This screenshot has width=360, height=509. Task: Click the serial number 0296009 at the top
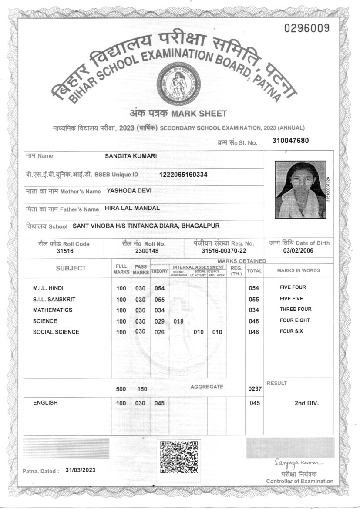tap(306, 29)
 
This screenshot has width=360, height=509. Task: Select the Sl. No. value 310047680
tap(290, 140)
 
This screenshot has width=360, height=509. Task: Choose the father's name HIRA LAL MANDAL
tap(132, 208)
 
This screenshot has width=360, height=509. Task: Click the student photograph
tap(300, 189)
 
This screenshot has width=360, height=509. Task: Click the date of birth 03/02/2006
tap(298, 251)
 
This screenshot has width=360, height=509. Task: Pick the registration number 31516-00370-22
tap(224, 251)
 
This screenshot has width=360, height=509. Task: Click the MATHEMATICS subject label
tap(53, 310)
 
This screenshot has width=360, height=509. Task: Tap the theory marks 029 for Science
tap(159, 321)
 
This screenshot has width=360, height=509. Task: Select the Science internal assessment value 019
tap(178, 321)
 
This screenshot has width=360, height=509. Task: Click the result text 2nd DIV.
tap(306, 403)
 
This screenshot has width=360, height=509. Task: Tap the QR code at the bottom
tap(179, 457)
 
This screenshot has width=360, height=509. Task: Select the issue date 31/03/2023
tap(81, 470)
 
